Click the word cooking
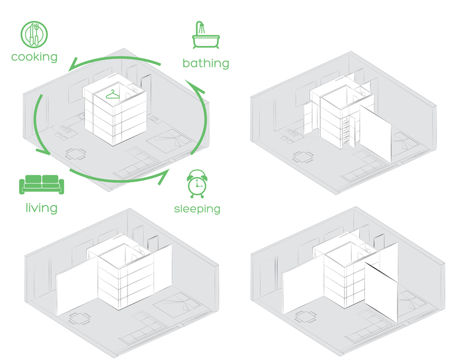pyautogui.click(x=34, y=57)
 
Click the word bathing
pyautogui.click(x=205, y=63)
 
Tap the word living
pyautogui.click(x=41, y=207)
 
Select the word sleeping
pyautogui.click(x=197, y=208)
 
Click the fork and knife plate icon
pyautogui.click(x=34, y=35)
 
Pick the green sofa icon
pyautogui.click(x=41, y=185)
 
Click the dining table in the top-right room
pyautogui.click(x=303, y=156)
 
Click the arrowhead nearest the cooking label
pyautogui.click(x=73, y=66)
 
